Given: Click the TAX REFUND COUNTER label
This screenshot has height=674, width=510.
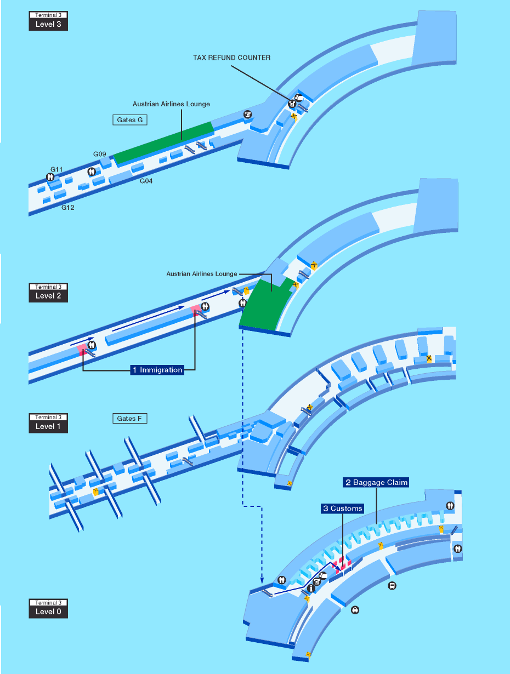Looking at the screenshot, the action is pyautogui.click(x=231, y=58).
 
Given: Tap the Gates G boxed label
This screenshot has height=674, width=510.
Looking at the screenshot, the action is pyautogui.click(x=130, y=120).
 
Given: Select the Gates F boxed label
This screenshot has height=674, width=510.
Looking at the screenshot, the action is pyautogui.click(x=130, y=418).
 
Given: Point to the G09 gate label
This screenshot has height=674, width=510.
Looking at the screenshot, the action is pyautogui.click(x=100, y=154).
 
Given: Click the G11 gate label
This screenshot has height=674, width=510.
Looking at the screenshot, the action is pyautogui.click(x=56, y=169).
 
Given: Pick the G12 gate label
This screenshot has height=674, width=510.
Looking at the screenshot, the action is pyautogui.click(x=67, y=208).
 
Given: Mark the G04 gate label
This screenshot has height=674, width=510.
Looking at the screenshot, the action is pyautogui.click(x=146, y=181).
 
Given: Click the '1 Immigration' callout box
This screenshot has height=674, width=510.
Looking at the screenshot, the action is pyautogui.click(x=157, y=370).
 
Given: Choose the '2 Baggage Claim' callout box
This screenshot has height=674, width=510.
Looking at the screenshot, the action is pyautogui.click(x=376, y=482).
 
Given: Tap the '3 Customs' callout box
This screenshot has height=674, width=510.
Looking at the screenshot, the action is pyautogui.click(x=343, y=508).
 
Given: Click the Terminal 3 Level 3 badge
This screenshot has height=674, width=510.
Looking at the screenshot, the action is pyautogui.click(x=48, y=21).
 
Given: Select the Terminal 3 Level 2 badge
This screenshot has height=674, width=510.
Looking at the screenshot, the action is pyautogui.click(x=48, y=293).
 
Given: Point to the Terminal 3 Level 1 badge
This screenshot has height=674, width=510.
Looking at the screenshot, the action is pyautogui.click(x=48, y=423).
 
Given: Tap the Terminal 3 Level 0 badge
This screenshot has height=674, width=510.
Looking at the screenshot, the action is pyautogui.click(x=48, y=608).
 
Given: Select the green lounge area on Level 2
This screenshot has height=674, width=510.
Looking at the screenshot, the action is pyautogui.click(x=265, y=305).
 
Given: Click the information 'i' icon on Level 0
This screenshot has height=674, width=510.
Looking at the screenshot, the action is pyautogui.click(x=311, y=588).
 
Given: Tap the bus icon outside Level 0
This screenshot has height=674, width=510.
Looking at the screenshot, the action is pyautogui.click(x=392, y=586).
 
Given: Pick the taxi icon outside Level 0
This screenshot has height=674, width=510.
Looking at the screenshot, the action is pyautogui.click(x=355, y=610).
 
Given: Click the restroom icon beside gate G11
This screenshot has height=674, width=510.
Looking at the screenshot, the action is pyautogui.click(x=50, y=177).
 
